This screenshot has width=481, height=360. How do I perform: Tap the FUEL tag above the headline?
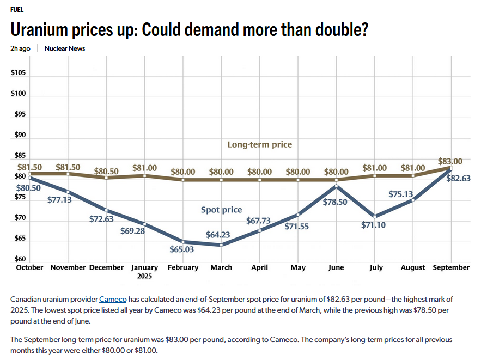(x=17, y=10)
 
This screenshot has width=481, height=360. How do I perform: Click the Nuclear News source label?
(x=65, y=48)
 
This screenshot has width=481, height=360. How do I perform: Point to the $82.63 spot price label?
(x=458, y=178)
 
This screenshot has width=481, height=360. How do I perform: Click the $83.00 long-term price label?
(x=450, y=161)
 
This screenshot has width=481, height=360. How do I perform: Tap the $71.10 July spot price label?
(x=373, y=224)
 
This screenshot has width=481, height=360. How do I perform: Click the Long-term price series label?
(x=259, y=144)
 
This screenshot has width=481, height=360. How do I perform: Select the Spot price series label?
(x=221, y=210)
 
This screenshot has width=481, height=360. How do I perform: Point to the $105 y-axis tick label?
(x=19, y=73)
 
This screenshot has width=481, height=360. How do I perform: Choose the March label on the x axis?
(x=221, y=267)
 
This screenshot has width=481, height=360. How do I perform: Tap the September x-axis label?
(x=450, y=267)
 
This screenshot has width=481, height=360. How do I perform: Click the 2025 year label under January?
(x=144, y=276)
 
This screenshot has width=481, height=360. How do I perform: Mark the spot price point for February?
(x=183, y=241)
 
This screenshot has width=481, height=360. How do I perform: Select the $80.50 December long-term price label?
(x=106, y=171)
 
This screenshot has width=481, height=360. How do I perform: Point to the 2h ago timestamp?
(x=20, y=48)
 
